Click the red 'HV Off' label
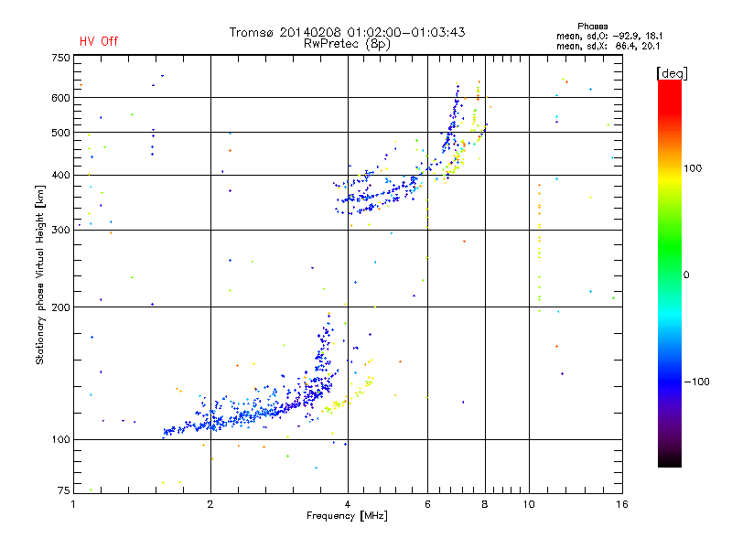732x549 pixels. [x=98, y=41]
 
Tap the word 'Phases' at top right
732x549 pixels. [x=595, y=26]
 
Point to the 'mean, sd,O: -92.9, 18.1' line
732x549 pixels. [x=608, y=36]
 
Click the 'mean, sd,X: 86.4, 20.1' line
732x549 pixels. [x=608, y=45]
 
